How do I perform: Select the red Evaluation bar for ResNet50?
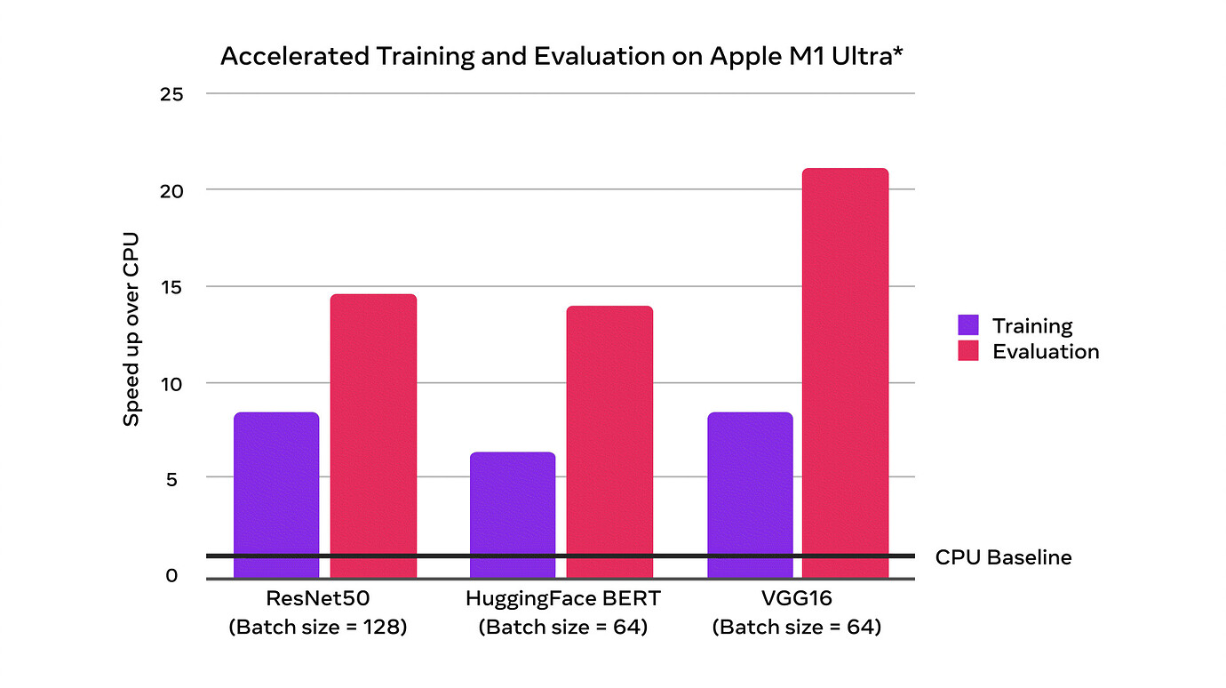(373, 436)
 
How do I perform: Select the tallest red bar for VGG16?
(845, 373)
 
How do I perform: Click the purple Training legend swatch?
(968, 325)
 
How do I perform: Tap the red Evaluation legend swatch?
(968, 351)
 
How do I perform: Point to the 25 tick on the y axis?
(172, 93)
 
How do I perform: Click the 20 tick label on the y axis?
(172, 190)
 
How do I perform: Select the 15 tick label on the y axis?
(172, 287)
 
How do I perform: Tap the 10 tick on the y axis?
(172, 384)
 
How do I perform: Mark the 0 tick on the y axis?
(172, 576)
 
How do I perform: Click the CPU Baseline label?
(1003, 557)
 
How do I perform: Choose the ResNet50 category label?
(317, 598)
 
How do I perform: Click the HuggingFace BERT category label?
(562, 598)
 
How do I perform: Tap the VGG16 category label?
(796, 598)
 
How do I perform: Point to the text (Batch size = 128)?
(317, 627)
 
